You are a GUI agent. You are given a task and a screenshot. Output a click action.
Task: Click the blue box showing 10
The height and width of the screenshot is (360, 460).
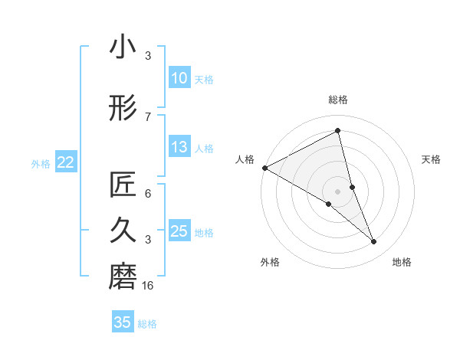coord(179,78)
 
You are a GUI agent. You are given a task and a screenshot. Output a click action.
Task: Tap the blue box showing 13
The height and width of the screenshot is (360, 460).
coord(179,147)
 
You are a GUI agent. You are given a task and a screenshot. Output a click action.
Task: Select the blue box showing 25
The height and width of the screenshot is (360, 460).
coord(179,231)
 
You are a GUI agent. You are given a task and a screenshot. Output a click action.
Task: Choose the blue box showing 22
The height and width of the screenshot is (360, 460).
coord(66,162)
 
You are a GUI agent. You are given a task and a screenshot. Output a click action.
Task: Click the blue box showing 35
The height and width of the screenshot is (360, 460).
coord(123,322)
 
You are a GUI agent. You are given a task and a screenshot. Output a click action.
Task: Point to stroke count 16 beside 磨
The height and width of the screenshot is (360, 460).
coord(148,286)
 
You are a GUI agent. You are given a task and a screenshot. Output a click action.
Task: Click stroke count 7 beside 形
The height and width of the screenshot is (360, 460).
coord(148,116)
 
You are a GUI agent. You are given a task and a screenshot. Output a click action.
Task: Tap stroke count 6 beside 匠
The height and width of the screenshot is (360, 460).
coord(148,194)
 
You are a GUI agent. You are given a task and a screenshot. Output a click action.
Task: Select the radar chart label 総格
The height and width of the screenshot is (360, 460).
coord(338,100)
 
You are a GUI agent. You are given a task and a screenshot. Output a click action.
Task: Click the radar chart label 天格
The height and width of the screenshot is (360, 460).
coord(432,159)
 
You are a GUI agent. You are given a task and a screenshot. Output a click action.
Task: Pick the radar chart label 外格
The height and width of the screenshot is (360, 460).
coord(270,262)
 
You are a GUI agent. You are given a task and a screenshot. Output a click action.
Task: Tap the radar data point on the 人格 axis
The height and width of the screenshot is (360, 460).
coord(264,167)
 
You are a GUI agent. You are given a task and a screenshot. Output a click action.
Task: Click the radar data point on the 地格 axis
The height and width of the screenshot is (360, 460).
coord(374,242)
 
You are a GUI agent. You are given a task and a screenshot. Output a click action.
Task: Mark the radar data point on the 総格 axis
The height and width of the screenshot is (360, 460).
coord(338,130)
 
